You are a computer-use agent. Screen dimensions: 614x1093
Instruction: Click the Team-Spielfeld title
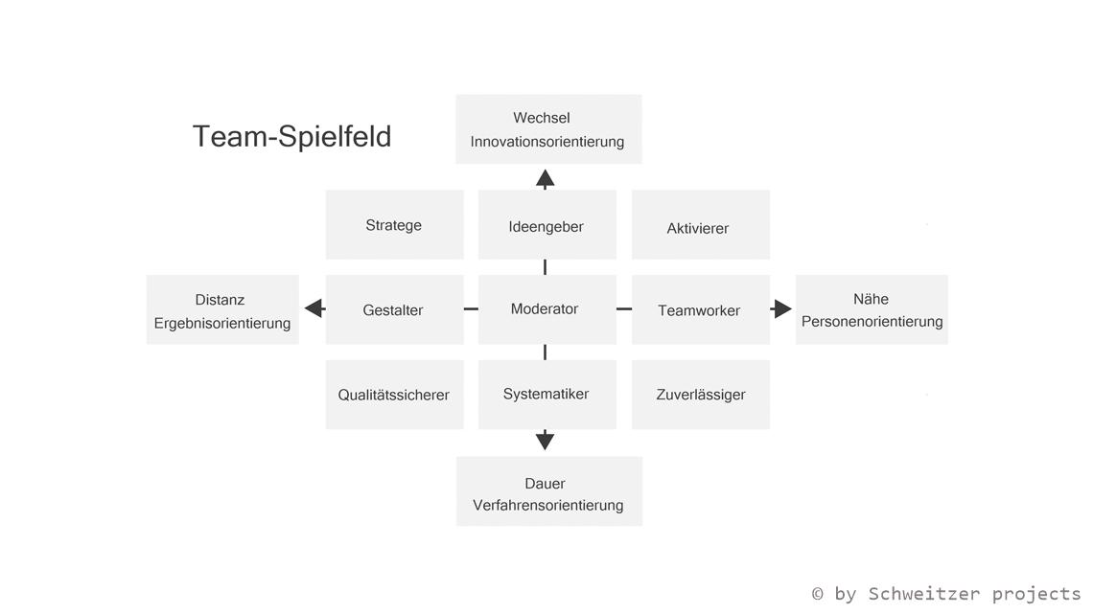tap(291, 136)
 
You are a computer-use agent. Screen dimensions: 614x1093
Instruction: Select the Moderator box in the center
tap(546, 309)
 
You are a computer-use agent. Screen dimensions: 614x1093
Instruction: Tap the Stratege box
tap(394, 225)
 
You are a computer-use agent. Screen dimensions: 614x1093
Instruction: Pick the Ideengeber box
tap(546, 225)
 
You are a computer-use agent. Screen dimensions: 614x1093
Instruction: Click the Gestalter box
tap(394, 309)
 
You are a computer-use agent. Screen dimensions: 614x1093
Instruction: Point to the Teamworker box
tap(700, 309)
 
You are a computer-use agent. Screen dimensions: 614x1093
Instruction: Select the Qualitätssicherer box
tap(394, 395)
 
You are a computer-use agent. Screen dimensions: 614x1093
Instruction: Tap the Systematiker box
tap(546, 395)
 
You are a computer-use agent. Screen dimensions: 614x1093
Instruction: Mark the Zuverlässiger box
tap(700, 395)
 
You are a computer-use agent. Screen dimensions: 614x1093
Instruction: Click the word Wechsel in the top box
tap(541, 118)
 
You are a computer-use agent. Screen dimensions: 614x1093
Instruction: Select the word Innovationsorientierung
tap(546, 142)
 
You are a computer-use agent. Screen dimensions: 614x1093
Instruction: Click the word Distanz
tap(220, 300)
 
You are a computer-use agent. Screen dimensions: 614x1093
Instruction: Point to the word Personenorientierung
tap(872, 322)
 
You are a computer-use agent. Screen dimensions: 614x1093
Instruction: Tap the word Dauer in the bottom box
tap(545, 484)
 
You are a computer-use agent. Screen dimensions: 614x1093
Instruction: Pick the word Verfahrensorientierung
tap(547, 506)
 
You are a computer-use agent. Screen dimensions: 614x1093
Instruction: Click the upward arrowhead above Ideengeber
tap(545, 178)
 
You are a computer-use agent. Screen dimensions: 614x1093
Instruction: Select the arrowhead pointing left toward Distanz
tap(314, 308)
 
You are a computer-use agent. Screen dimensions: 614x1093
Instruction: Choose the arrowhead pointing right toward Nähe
tap(782, 308)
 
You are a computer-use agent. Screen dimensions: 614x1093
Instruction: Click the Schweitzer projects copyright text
tap(945, 594)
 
